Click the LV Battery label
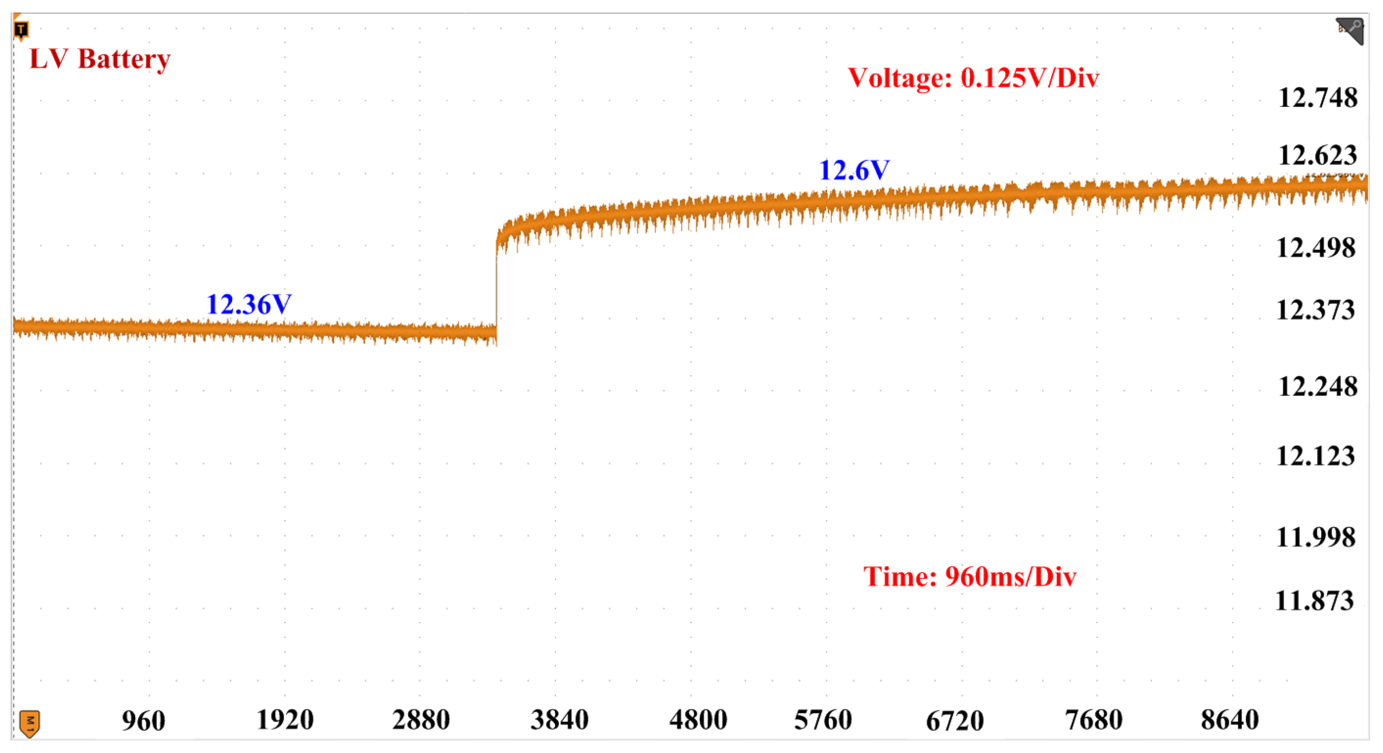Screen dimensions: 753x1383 [x=100, y=59]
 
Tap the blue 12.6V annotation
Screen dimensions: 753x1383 [x=853, y=170]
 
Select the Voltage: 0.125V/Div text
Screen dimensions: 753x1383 [x=973, y=78]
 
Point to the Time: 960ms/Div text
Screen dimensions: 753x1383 [x=969, y=576]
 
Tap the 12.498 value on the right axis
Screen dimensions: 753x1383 [x=1315, y=248]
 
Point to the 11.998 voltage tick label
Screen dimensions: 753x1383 [x=1315, y=537]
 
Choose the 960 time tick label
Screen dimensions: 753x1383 [x=143, y=721]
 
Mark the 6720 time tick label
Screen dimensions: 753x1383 [x=955, y=721]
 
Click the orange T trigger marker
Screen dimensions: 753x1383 [x=21, y=30]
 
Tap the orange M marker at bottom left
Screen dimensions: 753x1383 [x=30, y=723]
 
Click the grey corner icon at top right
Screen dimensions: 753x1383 [x=1350, y=31]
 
